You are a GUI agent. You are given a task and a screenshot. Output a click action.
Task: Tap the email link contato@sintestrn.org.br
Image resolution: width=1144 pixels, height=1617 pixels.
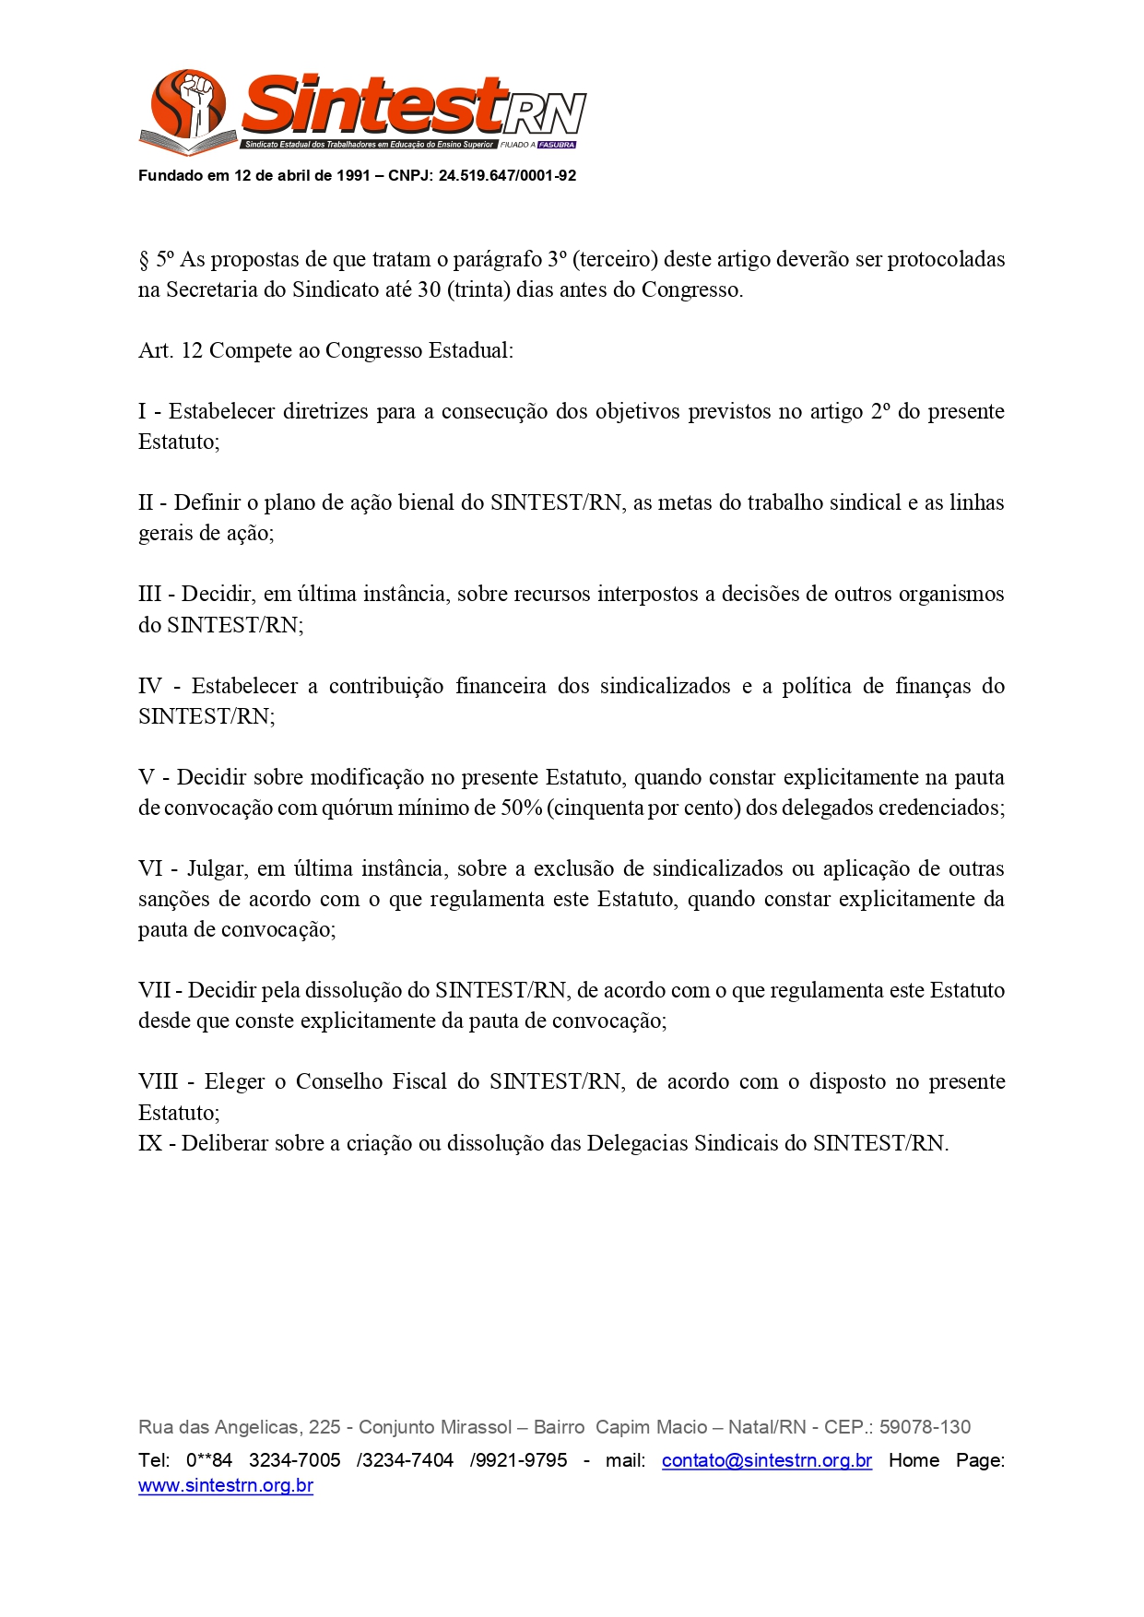click(x=766, y=1460)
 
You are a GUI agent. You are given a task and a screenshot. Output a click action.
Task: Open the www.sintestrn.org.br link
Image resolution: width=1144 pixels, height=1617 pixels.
click(x=226, y=1485)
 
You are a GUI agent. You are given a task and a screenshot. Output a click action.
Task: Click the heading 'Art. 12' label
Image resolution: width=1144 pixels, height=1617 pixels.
click(x=170, y=351)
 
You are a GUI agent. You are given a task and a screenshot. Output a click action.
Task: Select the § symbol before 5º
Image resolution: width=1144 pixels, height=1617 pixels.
click(x=144, y=260)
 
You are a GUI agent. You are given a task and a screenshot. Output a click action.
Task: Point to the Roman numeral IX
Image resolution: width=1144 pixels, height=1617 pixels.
click(x=150, y=1143)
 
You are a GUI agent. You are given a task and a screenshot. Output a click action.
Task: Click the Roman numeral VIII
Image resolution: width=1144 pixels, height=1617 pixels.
click(x=158, y=1081)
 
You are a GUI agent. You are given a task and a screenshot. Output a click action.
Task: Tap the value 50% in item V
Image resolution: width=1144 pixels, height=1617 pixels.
click(x=521, y=808)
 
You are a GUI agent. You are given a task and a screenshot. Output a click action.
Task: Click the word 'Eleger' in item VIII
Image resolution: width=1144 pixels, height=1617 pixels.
click(x=234, y=1081)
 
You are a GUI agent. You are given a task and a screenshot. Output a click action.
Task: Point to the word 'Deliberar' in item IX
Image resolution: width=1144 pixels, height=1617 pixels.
click(x=227, y=1143)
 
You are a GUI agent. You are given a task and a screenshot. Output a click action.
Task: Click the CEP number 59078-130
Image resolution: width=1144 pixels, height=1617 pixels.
click(x=925, y=1427)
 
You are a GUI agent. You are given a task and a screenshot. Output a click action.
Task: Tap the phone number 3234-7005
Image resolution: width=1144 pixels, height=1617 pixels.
click(x=294, y=1460)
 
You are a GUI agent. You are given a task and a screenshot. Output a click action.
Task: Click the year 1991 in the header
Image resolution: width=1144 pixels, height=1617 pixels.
click(x=353, y=176)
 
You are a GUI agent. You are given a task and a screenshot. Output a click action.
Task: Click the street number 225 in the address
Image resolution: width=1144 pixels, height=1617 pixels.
click(x=324, y=1427)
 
